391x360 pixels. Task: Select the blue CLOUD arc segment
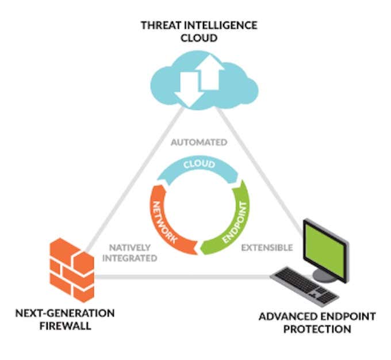(199, 166)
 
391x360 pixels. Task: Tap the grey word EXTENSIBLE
(267, 248)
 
